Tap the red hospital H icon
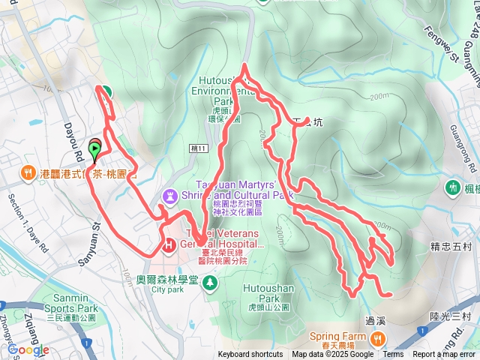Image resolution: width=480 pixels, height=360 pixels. pos(168,244)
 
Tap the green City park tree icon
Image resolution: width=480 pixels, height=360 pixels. pos(211,281)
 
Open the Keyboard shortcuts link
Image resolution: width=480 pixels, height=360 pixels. pos(250,355)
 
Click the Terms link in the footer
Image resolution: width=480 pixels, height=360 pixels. pos(393,355)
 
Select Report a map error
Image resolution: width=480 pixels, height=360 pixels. pos(444,355)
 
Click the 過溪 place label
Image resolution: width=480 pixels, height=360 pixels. pos(376,320)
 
